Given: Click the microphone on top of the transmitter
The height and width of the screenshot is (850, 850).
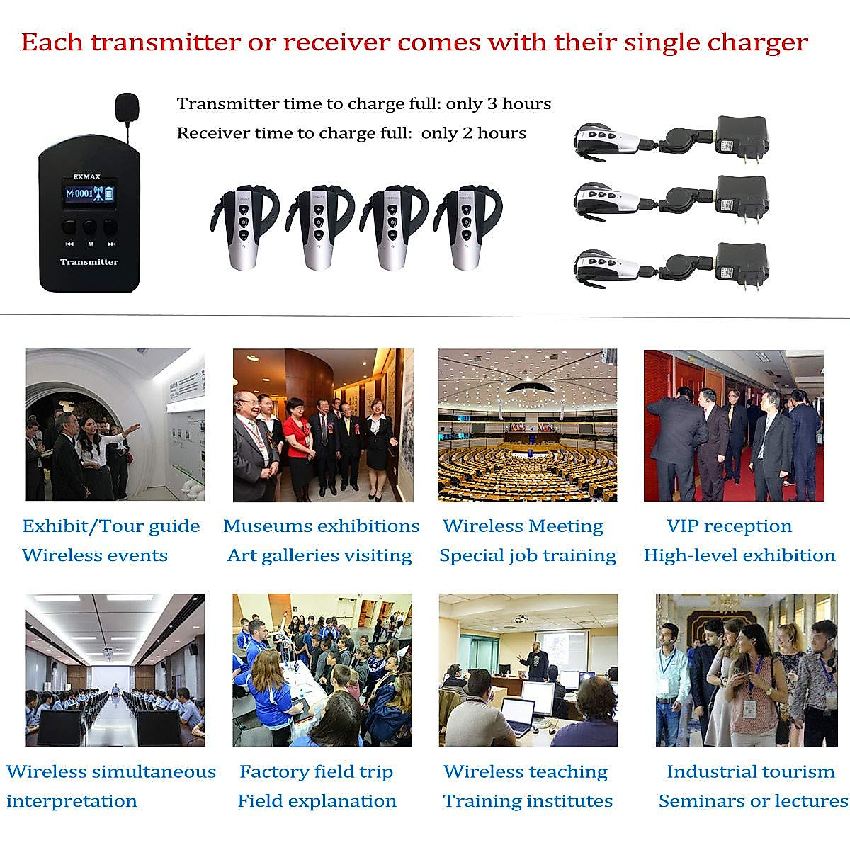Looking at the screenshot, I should [x=126, y=106].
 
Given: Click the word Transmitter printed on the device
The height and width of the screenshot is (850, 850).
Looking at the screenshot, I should [x=89, y=262].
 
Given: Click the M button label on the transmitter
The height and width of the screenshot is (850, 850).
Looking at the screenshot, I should [x=90, y=244].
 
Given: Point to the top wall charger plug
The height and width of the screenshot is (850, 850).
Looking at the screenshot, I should [x=742, y=137].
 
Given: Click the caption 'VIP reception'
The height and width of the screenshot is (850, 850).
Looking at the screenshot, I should [x=729, y=526].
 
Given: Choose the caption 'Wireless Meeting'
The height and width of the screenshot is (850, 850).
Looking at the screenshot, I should [x=523, y=526].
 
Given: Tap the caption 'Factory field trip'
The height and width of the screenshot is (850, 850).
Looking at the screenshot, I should [x=316, y=772].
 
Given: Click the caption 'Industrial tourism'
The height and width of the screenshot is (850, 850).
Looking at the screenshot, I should [x=751, y=772].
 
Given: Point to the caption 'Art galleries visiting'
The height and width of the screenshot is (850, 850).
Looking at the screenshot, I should [x=319, y=556].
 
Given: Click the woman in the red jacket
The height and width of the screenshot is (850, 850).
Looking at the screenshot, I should [x=297, y=439].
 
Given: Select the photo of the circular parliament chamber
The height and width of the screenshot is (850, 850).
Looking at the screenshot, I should [x=528, y=425].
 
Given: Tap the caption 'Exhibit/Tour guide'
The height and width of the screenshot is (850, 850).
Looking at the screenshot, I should [x=111, y=526].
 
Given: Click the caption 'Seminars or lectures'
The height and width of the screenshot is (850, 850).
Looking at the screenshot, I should [x=753, y=801].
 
